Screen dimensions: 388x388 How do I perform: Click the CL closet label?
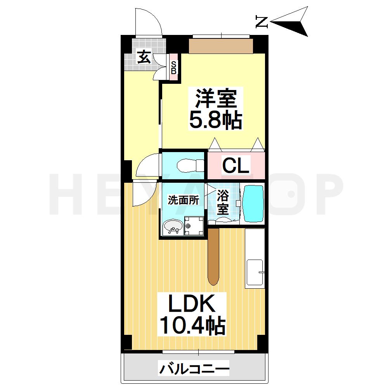(236, 166)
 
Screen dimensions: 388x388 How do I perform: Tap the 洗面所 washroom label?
(183, 200)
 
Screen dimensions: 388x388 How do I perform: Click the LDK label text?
(192, 304)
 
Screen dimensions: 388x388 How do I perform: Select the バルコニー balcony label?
(194, 368)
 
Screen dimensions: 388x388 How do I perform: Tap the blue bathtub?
(253, 203)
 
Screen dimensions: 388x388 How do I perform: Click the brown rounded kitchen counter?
(214, 256)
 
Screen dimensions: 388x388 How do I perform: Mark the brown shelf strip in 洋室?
(221, 46)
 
